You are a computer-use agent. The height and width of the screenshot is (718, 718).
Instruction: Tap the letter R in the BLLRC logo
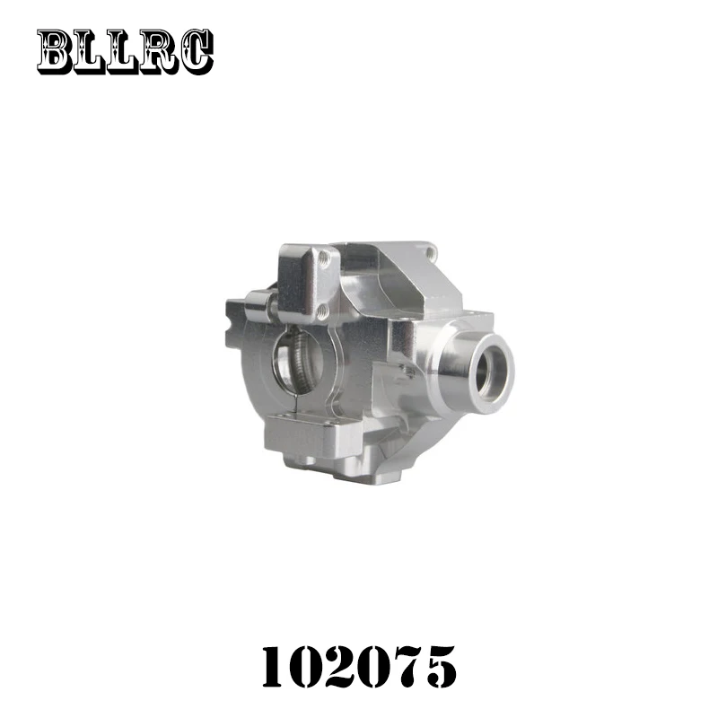(159, 52)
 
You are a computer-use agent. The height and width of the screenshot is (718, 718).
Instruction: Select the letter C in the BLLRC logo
(196, 52)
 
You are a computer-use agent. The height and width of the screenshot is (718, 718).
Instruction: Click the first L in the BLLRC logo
(91, 53)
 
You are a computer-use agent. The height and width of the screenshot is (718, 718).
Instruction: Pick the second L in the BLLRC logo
(124, 53)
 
